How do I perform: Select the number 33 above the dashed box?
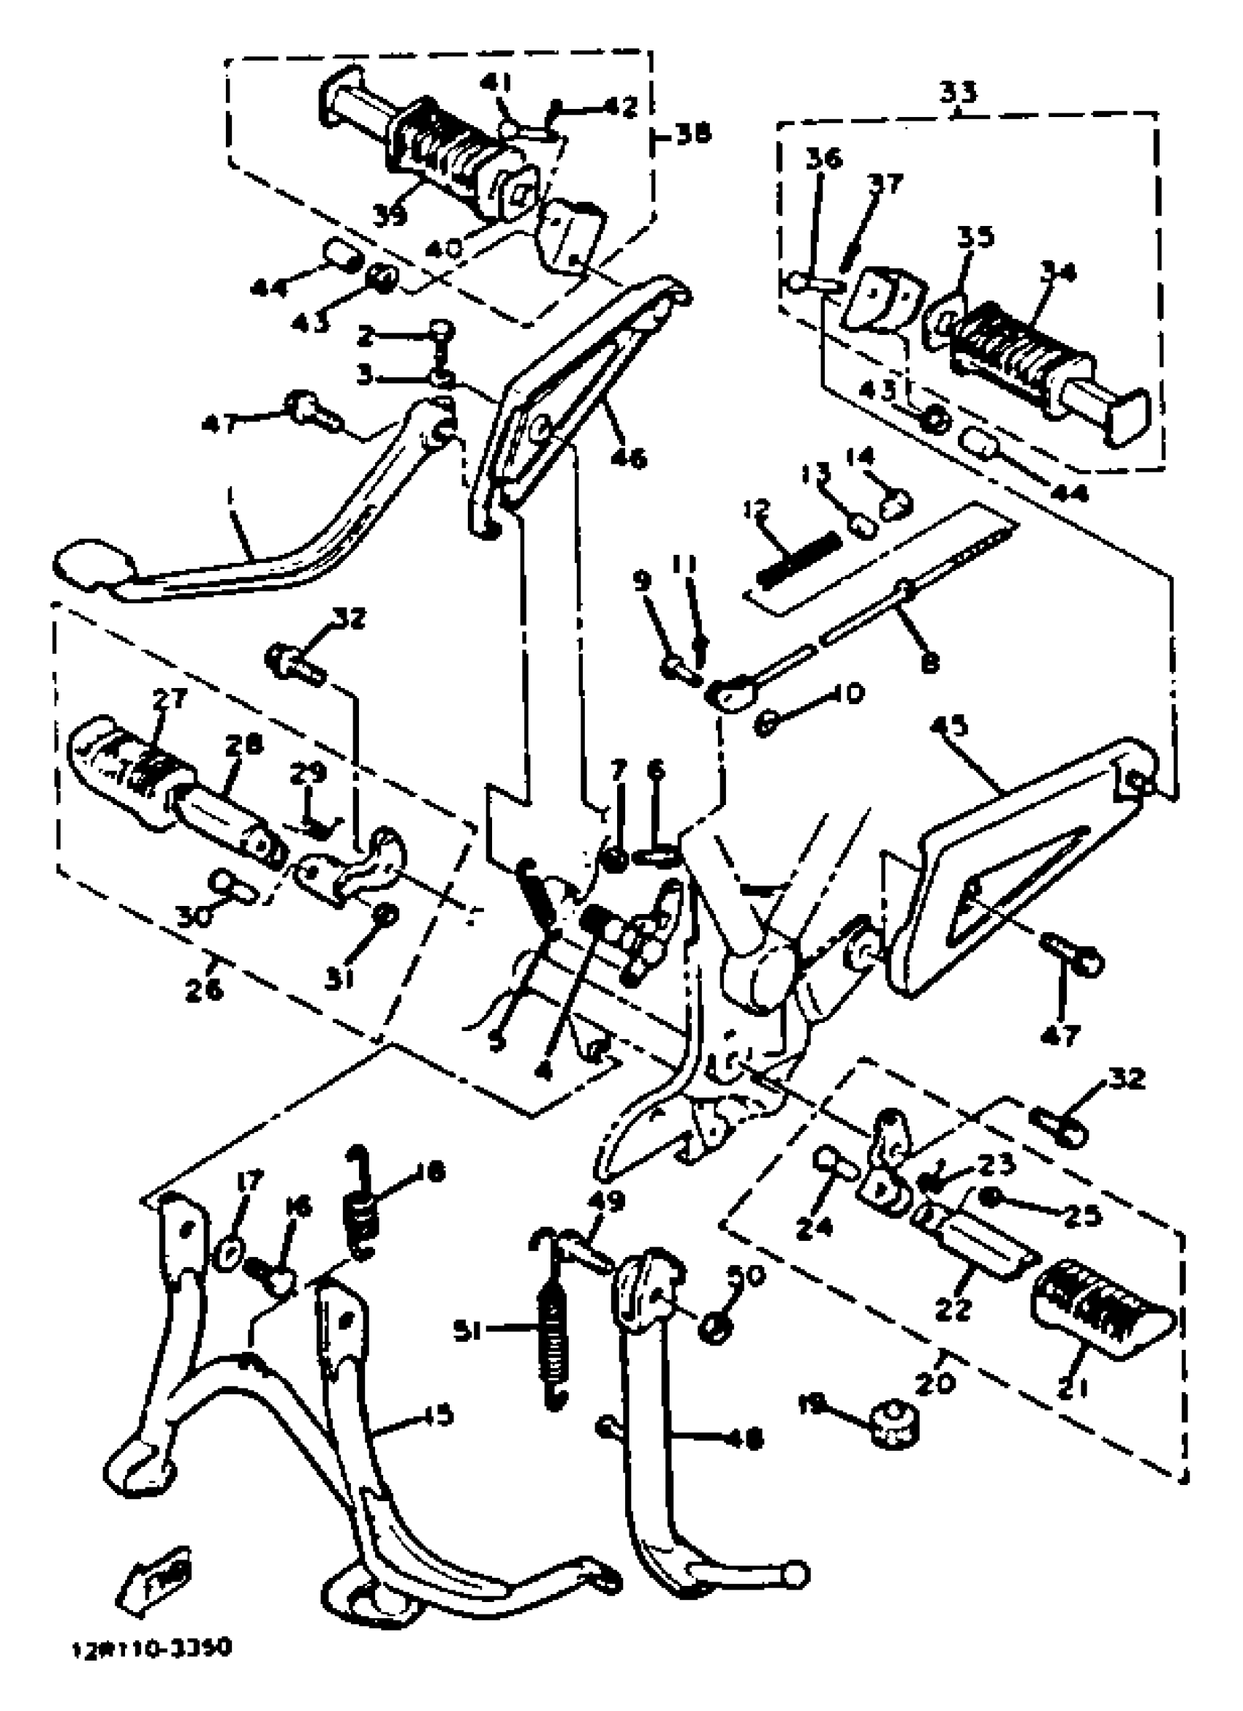pyautogui.click(x=958, y=92)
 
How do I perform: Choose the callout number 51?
pyautogui.click(x=467, y=1334)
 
